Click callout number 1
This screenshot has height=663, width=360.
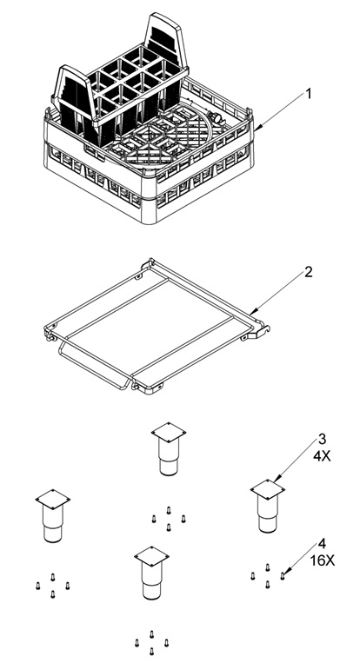click(309, 94)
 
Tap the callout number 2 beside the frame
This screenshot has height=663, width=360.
click(309, 272)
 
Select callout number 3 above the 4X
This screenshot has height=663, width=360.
click(322, 439)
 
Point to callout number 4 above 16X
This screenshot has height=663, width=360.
click(323, 543)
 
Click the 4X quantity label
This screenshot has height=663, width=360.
click(322, 456)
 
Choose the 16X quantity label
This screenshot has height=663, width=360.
click(323, 560)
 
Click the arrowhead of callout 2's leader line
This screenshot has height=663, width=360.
click(251, 313)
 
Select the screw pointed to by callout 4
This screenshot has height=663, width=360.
click(282, 575)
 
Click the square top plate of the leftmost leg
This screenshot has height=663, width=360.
click(53, 499)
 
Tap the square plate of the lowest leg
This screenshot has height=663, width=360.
click(151, 556)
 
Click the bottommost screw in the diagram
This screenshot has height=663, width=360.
click(151, 651)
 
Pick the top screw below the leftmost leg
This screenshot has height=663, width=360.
click(53, 577)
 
